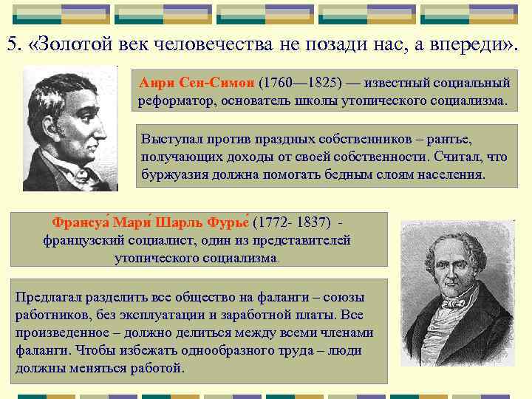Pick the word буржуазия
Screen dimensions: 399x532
tap(174, 174)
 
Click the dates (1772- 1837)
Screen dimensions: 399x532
tap(293, 222)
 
